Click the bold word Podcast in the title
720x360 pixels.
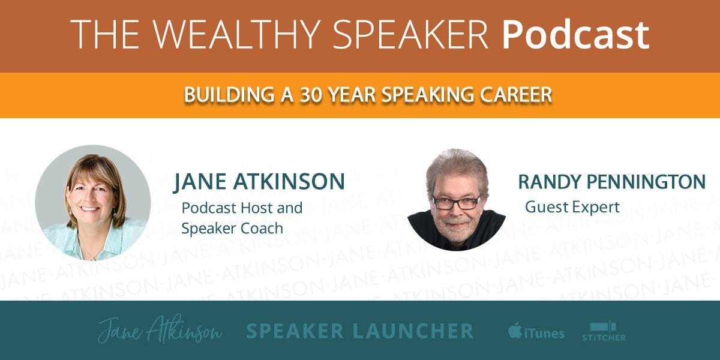click(x=576, y=34)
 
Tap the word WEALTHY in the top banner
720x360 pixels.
click(x=236, y=34)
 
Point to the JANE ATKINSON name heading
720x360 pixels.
click(x=259, y=182)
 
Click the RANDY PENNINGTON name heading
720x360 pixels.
click(x=611, y=182)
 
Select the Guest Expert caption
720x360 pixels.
click(x=572, y=207)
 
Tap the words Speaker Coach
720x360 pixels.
click(x=232, y=229)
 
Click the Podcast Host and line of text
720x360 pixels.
click(x=242, y=208)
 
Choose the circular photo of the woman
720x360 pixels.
click(x=93, y=203)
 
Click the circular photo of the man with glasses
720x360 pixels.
click(x=457, y=199)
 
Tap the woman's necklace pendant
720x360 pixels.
click(x=92, y=258)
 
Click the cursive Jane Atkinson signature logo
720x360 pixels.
click(x=160, y=329)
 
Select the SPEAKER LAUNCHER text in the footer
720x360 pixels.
click(x=359, y=331)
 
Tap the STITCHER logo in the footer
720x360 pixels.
click(x=604, y=332)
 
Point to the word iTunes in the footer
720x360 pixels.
click(x=544, y=333)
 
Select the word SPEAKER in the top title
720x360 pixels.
click(x=410, y=34)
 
